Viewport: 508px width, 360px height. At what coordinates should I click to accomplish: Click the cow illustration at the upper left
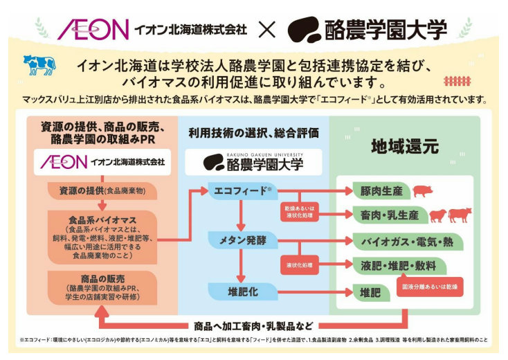(x=39, y=64)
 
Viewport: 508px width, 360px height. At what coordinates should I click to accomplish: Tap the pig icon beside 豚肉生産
(x=421, y=191)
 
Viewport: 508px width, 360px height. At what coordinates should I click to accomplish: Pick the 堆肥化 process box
(x=239, y=291)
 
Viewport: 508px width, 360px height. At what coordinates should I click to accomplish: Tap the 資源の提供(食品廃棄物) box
(x=102, y=190)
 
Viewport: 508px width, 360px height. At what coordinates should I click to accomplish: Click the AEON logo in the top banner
(x=93, y=29)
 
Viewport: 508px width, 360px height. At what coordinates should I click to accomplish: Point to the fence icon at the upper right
(x=457, y=81)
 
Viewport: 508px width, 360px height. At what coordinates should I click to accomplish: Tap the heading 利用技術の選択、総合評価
(x=253, y=132)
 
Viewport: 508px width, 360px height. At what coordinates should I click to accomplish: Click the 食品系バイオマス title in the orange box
(x=102, y=219)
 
